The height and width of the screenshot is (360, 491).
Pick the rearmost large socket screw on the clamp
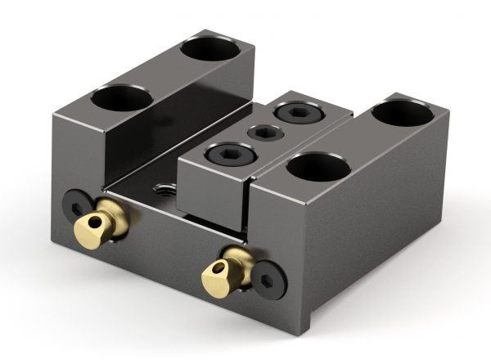point(295,112)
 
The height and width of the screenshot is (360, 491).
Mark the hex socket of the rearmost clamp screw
point(295,112)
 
